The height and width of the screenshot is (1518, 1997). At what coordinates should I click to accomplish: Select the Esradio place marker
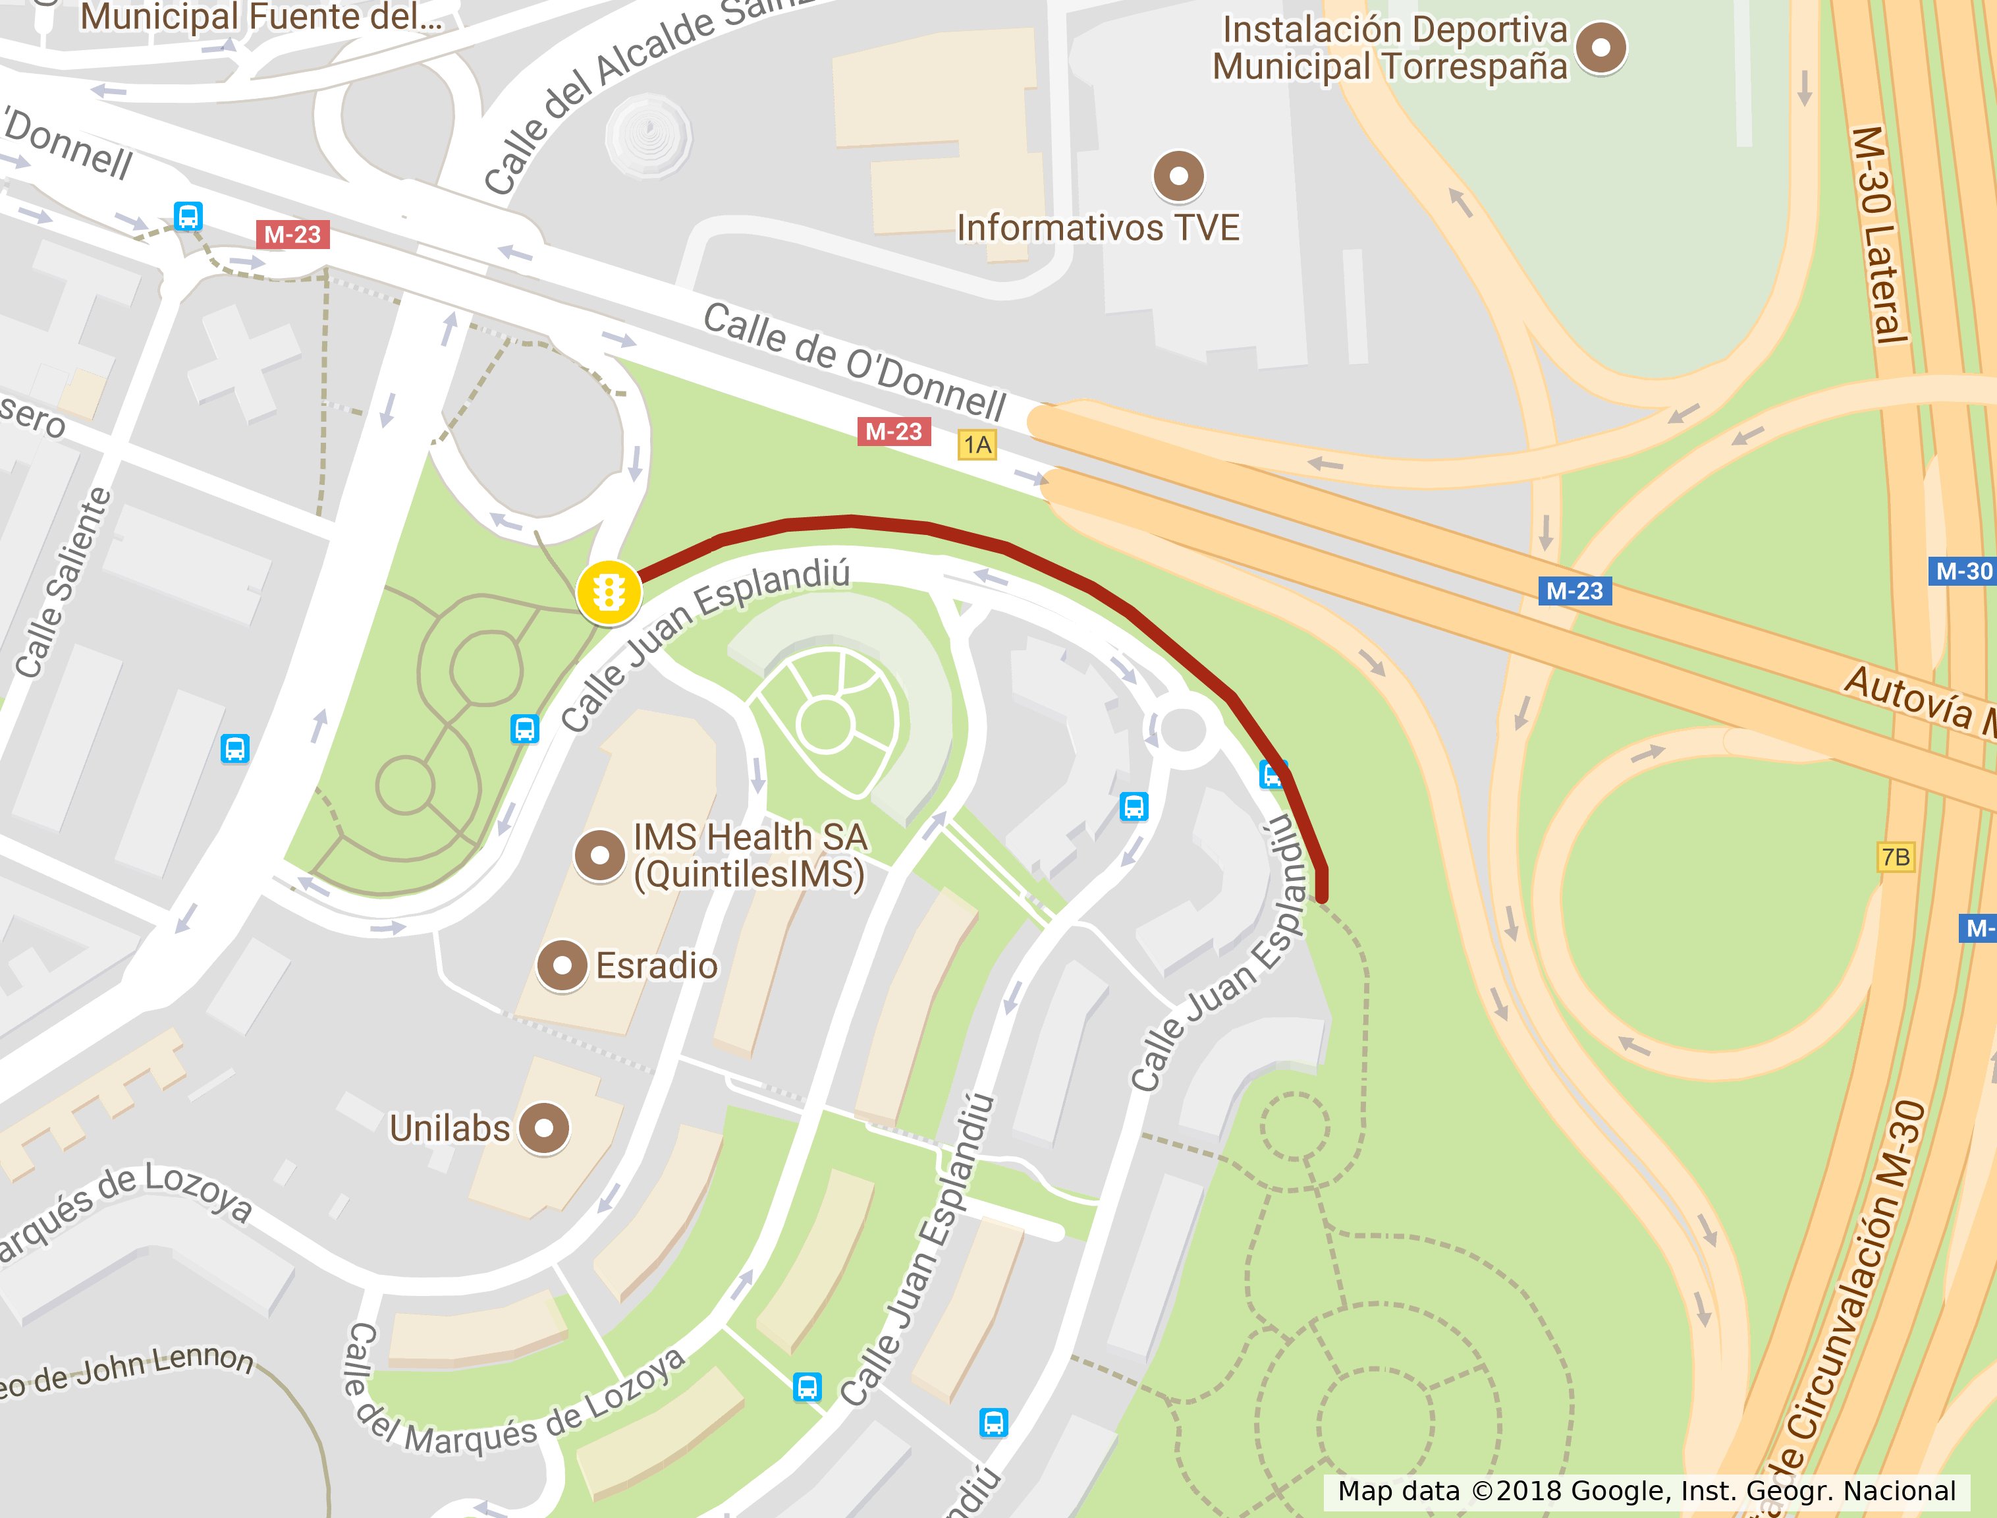pyautogui.click(x=562, y=966)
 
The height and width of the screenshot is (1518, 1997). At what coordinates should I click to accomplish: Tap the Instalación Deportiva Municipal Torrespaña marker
pyautogui.click(x=1600, y=47)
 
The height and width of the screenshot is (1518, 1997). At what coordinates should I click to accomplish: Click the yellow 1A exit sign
pyautogui.click(x=977, y=445)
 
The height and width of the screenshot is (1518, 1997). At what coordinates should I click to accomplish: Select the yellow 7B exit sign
pyautogui.click(x=1896, y=857)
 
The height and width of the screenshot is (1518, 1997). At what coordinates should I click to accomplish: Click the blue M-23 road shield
pyautogui.click(x=1574, y=591)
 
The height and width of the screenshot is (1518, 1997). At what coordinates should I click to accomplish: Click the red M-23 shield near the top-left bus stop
pyautogui.click(x=292, y=235)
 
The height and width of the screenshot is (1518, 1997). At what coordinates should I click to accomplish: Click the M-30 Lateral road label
pyautogui.click(x=1878, y=235)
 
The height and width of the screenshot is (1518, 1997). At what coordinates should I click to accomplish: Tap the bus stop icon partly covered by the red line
pyautogui.click(x=1272, y=774)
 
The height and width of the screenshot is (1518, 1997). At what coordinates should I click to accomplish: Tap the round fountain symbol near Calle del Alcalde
pyautogui.click(x=647, y=136)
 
